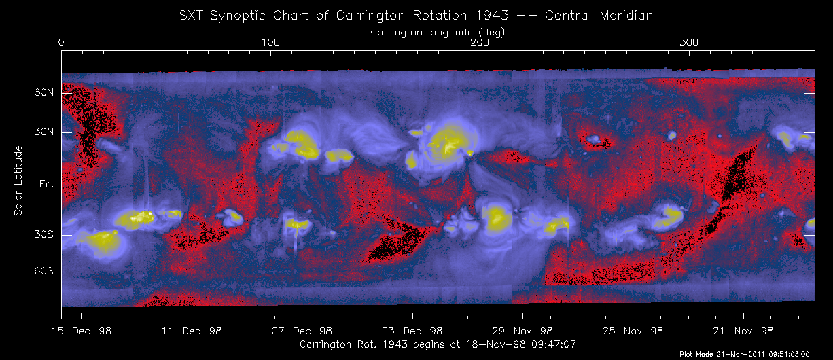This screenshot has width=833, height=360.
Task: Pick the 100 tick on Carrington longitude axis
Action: click(x=271, y=43)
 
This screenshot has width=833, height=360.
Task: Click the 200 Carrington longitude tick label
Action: click(x=480, y=43)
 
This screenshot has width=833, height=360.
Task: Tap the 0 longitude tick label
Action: click(x=62, y=43)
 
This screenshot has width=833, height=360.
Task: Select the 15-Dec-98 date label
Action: click(x=82, y=331)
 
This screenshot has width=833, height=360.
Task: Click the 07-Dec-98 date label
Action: click(x=302, y=331)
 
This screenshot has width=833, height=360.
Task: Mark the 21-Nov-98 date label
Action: click(x=743, y=331)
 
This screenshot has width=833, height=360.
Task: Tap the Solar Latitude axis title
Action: click(x=18, y=181)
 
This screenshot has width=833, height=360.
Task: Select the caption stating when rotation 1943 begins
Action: click(x=438, y=344)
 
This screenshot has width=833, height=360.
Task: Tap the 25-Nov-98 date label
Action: click(x=633, y=331)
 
